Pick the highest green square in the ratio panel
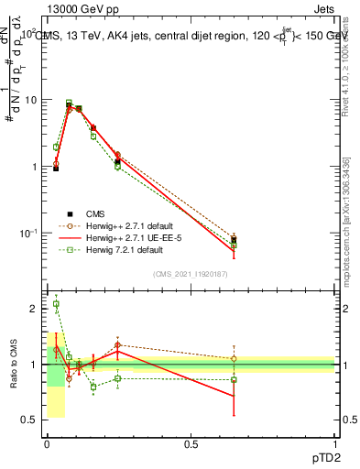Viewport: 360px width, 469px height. coord(56,304)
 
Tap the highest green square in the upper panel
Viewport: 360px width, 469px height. coord(69,103)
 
